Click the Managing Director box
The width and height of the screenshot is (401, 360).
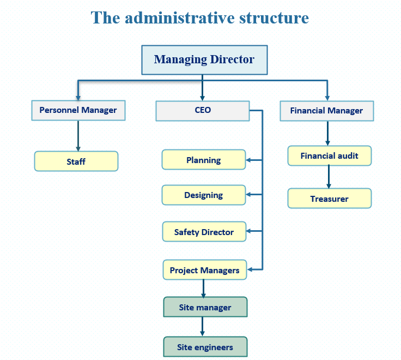[204, 59]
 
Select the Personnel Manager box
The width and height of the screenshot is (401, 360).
[78, 110]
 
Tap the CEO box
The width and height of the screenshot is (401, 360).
[203, 110]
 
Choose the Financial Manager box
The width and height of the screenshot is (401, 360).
[326, 111]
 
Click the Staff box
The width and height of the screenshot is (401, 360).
[76, 161]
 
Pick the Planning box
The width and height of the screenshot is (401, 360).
[204, 160]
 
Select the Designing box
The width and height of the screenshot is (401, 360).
[204, 195]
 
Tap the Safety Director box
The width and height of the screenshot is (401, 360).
[204, 232]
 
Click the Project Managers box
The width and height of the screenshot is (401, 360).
[204, 270]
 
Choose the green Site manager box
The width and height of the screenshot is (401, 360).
[205, 307]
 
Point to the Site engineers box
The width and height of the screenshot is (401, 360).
[205, 347]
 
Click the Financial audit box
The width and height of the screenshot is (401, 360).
[329, 156]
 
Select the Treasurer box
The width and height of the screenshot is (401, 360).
[329, 199]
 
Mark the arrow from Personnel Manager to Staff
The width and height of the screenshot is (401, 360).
[78, 135]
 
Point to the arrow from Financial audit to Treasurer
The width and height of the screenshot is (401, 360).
[329, 177]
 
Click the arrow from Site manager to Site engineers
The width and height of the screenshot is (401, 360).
[203, 327]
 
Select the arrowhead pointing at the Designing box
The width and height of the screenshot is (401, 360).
[249, 194]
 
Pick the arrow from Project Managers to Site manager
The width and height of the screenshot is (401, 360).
[203, 288]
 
